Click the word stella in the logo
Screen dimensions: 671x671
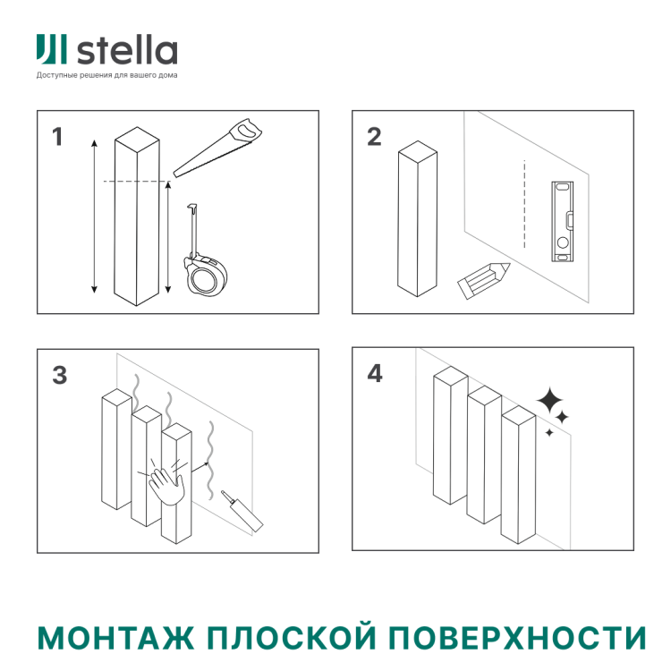(x=126, y=51)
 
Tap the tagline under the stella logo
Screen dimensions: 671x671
(x=106, y=75)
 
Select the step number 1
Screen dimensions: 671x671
(x=58, y=138)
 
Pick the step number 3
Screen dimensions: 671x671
(x=59, y=376)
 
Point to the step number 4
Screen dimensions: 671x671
(x=375, y=374)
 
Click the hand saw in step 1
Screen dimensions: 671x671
(x=218, y=149)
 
